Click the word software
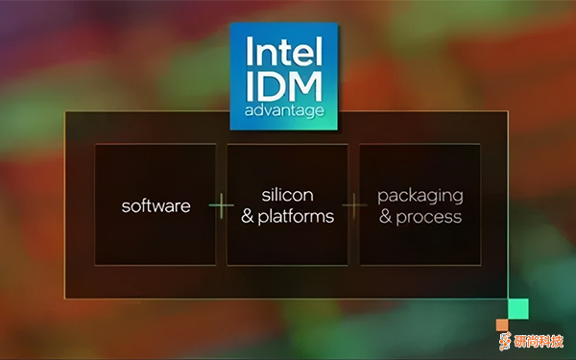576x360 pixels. coord(156,205)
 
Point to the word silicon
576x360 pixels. coord(288,195)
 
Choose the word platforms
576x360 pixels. coord(297,216)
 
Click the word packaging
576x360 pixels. coord(420,195)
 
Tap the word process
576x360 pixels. coord(430,216)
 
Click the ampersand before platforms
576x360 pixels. coord(248,216)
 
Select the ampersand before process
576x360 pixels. coord(386,216)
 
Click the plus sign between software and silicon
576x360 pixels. coord(222,205)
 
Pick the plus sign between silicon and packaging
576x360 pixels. coord(354,205)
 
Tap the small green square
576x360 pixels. coord(518,308)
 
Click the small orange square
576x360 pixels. coord(501,324)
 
